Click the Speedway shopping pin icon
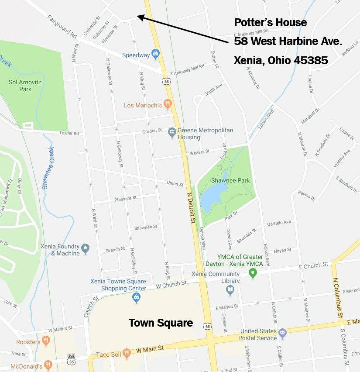(x=155, y=55)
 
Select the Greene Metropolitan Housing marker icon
(x=172, y=131)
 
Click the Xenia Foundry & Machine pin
(x=85, y=249)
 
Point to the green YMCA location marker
(x=252, y=273)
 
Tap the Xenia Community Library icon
(x=230, y=290)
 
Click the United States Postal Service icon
(x=282, y=334)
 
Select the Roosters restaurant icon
(x=45, y=341)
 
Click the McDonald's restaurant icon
(x=48, y=364)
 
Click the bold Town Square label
(x=161, y=323)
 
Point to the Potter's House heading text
(x=271, y=23)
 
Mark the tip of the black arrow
(x=137, y=16)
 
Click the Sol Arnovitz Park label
(x=20, y=86)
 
